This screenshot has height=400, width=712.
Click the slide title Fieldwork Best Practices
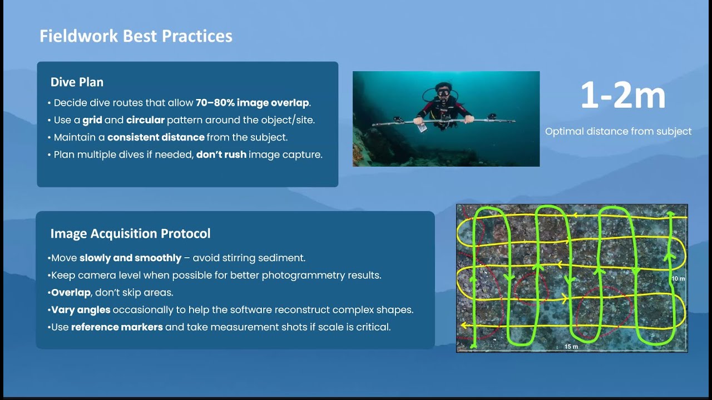(136, 36)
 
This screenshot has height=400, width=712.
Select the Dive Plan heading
(77, 82)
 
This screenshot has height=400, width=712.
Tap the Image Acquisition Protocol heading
(130, 234)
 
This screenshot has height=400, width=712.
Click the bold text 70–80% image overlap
(253, 103)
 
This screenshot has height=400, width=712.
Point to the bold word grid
(92, 120)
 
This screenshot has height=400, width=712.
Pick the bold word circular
(145, 120)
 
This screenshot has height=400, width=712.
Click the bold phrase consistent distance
(156, 137)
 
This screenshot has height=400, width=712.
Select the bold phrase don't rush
(221, 154)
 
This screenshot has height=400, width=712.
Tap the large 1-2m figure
(622, 96)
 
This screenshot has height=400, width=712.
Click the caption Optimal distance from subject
(618, 132)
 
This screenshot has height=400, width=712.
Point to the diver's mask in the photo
(442, 91)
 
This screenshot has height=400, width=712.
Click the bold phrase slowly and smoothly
(130, 258)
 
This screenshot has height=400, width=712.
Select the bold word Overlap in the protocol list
(71, 293)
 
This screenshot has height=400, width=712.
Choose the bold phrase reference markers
(117, 327)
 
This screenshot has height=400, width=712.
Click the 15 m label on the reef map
(571, 347)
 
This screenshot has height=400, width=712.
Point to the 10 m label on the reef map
(678, 278)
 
